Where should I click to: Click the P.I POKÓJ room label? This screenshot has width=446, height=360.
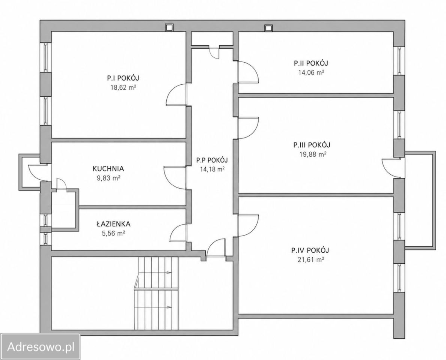pos(123,78)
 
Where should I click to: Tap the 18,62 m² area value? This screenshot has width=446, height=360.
pos(123,87)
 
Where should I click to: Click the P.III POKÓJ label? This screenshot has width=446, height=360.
pos(312,145)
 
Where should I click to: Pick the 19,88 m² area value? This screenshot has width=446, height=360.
pos(312,154)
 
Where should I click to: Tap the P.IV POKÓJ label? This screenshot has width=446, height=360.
pos(310,250)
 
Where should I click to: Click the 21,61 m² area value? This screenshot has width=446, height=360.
pos(310,260)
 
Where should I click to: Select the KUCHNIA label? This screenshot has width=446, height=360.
pos(108,168)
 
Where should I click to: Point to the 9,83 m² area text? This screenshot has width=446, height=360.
pos(108,178)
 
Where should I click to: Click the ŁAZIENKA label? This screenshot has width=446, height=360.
pos(113,224)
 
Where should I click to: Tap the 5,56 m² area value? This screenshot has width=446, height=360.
pos(113,234)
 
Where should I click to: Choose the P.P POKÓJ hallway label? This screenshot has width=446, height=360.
pos(212,160)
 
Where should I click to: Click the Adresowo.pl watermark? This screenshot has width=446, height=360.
pos(41,346)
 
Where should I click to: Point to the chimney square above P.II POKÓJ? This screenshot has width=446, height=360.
pos(268,27)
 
